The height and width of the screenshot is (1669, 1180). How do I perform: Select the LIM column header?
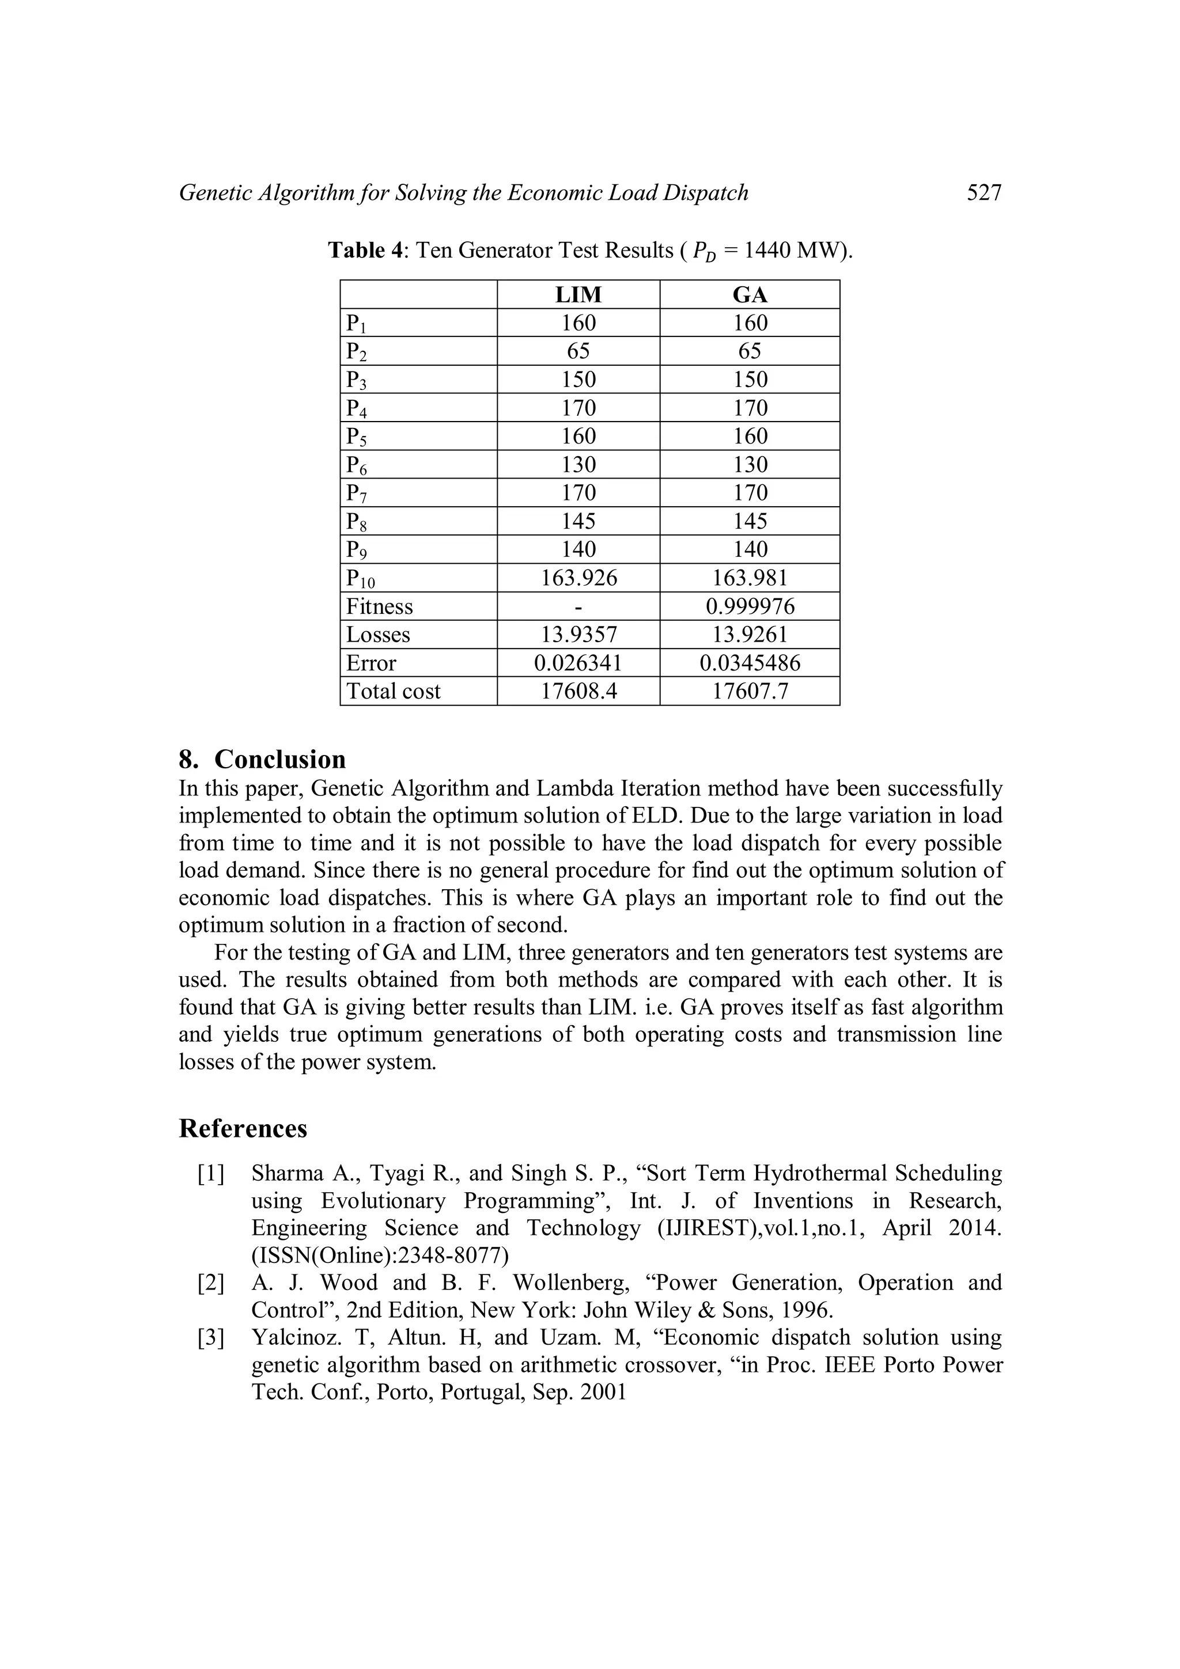578,294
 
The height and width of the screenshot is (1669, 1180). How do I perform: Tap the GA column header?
750,294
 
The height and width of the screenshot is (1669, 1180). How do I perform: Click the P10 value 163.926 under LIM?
578,578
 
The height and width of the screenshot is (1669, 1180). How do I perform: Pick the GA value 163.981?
750,578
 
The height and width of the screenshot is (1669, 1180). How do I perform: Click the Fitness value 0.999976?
750,606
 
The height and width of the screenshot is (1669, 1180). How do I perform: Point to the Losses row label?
378,635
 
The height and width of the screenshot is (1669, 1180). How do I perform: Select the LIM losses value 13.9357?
578,635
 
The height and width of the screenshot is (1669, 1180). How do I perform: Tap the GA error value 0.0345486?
750,663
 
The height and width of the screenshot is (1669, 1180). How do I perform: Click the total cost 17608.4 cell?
578,691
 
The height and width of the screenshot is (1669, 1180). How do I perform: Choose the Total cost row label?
394,691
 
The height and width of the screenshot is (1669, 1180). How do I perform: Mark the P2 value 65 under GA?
750,351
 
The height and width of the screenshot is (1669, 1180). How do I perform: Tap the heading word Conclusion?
280,759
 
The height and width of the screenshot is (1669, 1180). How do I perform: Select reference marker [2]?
211,1283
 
